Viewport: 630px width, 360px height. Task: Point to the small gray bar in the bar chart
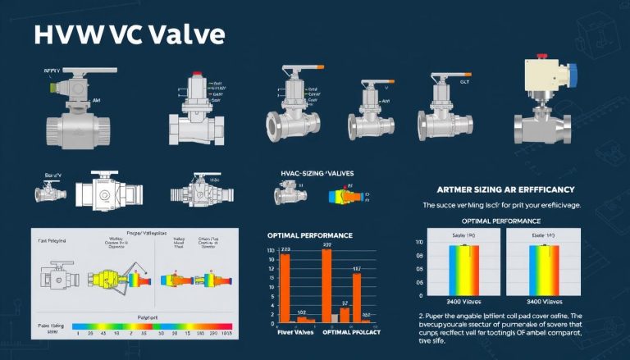click(x=334, y=317)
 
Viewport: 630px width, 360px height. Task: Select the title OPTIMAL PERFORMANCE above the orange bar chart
click(x=306, y=235)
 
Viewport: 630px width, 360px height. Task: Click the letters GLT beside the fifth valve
click(x=464, y=81)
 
